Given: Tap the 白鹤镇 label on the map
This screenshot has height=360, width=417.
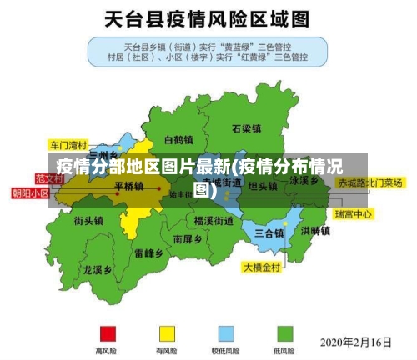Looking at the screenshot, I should pyautogui.click(x=178, y=140).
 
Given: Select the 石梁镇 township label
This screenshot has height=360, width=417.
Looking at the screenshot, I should pyautogui.click(x=247, y=129).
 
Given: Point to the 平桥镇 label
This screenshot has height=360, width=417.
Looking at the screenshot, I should pyautogui.click(x=129, y=186).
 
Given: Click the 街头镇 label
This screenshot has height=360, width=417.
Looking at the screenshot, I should pyautogui.click(x=88, y=221).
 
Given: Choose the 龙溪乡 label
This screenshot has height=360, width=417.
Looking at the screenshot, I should pyautogui.click(x=98, y=270).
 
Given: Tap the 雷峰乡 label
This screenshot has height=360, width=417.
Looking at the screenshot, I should pyautogui.click(x=148, y=252).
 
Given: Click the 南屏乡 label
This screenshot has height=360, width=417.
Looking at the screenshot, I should pyautogui.click(x=188, y=238).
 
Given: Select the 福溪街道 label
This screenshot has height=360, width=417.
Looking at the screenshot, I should pyautogui.click(x=214, y=221).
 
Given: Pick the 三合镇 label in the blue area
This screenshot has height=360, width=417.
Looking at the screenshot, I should pyautogui.click(x=269, y=232).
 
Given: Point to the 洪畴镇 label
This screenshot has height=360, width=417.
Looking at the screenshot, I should pyautogui.click(x=315, y=231).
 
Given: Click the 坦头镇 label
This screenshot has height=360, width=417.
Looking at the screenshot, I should pyautogui.click(x=263, y=186).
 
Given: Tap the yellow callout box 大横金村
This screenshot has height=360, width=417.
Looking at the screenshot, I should pyautogui.click(x=263, y=267).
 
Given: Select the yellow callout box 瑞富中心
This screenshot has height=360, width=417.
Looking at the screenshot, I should pyautogui.click(x=354, y=214).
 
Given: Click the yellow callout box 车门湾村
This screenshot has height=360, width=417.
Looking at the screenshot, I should pyautogui.click(x=68, y=143).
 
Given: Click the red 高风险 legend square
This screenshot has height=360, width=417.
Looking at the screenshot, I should pyautogui.click(x=107, y=333).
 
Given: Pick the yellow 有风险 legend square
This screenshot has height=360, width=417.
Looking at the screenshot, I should pyautogui.click(x=167, y=333).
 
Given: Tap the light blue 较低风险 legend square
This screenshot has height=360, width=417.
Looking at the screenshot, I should pyautogui.click(x=226, y=333).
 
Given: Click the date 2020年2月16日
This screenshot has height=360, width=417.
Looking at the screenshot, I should pyautogui.click(x=356, y=342).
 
